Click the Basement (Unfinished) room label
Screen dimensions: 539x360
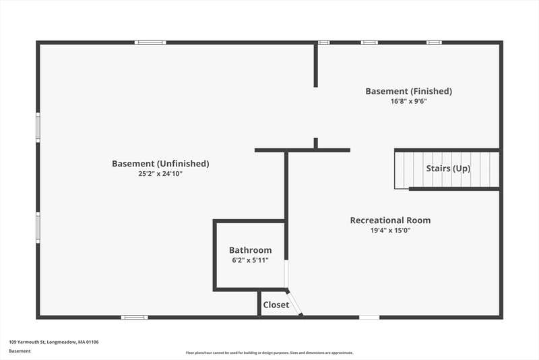[x=160, y=164]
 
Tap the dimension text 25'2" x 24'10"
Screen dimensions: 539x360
[x=160, y=174]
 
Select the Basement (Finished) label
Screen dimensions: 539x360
[x=409, y=92]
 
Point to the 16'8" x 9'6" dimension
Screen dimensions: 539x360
[x=409, y=101]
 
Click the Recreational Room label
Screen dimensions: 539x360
[x=390, y=220]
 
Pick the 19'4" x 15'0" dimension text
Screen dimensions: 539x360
[x=390, y=231]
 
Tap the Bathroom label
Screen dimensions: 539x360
[x=250, y=250]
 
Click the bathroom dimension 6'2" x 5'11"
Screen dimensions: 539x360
[x=250, y=260]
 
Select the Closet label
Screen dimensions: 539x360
[x=276, y=305]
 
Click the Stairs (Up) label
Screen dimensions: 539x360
[x=448, y=169]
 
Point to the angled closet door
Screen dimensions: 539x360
[x=294, y=303]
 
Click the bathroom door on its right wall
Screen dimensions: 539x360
[x=286, y=274]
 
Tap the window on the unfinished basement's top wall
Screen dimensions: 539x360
[x=150, y=42]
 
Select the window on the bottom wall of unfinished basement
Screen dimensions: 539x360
[x=134, y=318]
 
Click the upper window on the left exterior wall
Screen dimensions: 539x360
[x=38, y=127]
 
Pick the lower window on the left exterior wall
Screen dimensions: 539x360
[x=38, y=228]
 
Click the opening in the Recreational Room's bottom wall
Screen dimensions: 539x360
[x=369, y=318]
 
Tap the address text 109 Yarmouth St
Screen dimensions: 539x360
[x=28, y=342]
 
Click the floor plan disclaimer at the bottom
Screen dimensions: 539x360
[x=269, y=353]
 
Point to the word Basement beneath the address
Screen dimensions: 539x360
[x=20, y=351]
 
